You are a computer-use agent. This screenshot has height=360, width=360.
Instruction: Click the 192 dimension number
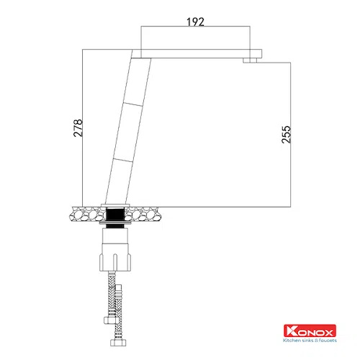click(x=195, y=22)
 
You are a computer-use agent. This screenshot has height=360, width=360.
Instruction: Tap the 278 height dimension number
click(x=78, y=128)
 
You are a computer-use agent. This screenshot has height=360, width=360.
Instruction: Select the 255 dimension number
click(x=286, y=135)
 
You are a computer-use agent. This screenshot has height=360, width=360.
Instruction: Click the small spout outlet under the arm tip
click(x=250, y=60)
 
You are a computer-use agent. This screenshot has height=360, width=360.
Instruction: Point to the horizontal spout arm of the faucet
click(x=197, y=53)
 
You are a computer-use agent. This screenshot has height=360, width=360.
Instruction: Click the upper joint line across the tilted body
click(x=132, y=104)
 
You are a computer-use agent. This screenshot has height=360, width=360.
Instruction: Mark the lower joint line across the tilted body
click(x=123, y=160)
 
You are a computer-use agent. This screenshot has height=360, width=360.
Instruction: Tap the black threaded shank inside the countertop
click(x=115, y=215)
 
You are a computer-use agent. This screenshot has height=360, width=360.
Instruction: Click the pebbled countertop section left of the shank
click(x=88, y=214)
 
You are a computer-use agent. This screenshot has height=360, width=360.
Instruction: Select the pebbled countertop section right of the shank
click(x=142, y=214)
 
